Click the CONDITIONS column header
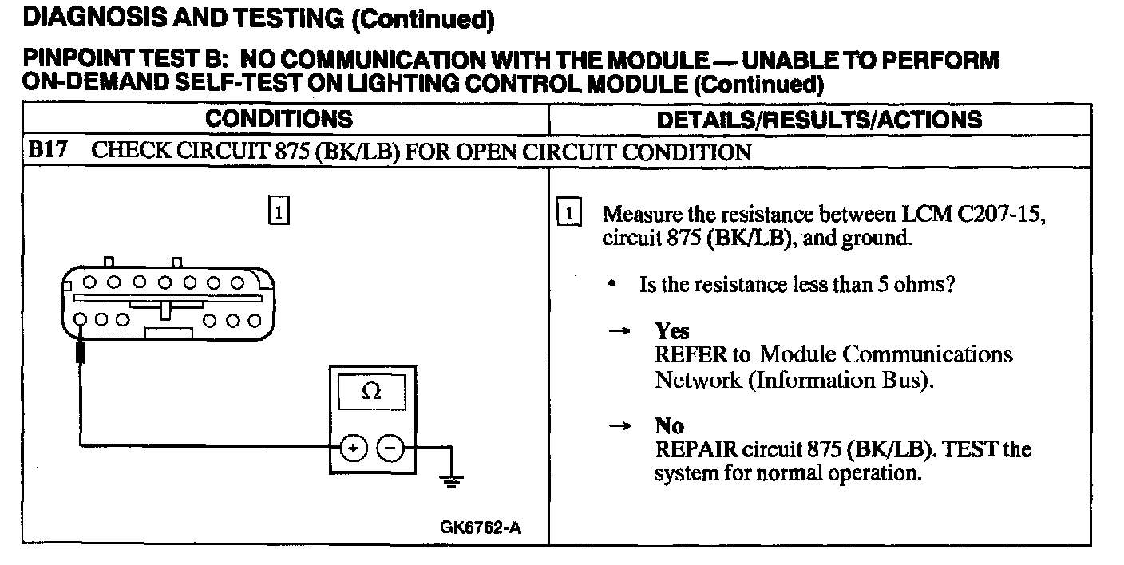point(279,120)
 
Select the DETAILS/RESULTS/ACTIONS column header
point(819,120)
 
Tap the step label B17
point(46,152)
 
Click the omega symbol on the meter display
point(371,392)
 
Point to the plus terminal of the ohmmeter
point(352,448)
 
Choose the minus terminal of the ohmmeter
point(390,448)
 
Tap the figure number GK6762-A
point(481,527)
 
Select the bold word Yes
point(671,330)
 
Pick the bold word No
point(669,425)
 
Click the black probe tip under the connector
point(80,351)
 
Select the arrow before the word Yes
point(620,331)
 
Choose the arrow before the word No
point(620,426)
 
